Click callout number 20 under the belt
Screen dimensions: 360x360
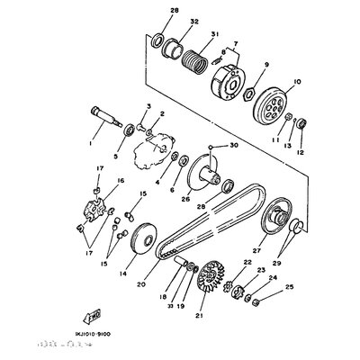pyautogui.click(x=166, y=285)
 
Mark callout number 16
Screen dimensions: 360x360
pyautogui.click(x=116, y=181)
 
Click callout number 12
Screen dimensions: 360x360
pyautogui.click(x=299, y=152)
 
